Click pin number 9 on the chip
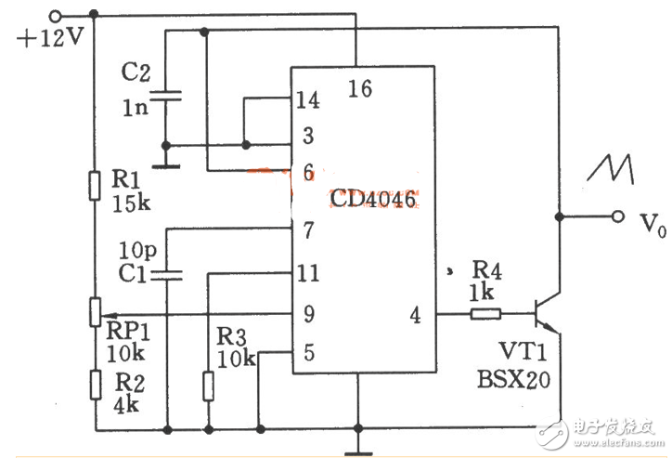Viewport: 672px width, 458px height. click(x=307, y=315)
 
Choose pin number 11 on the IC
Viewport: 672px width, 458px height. click(x=307, y=274)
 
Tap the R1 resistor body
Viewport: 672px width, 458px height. click(x=95, y=186)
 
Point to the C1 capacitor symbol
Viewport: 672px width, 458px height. click(x=167, y=274)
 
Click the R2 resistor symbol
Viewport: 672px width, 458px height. click(x=95, y=383)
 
